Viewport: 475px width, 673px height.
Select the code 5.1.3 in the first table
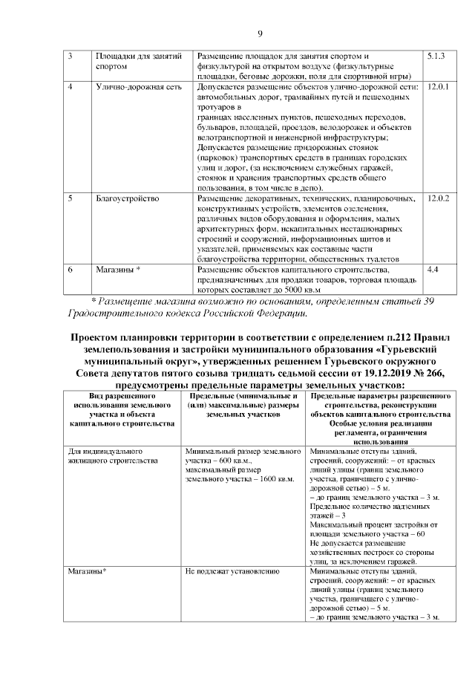(437, 56)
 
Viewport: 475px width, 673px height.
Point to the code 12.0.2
(439, 199)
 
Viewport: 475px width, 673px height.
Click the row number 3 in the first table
(71, 56)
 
